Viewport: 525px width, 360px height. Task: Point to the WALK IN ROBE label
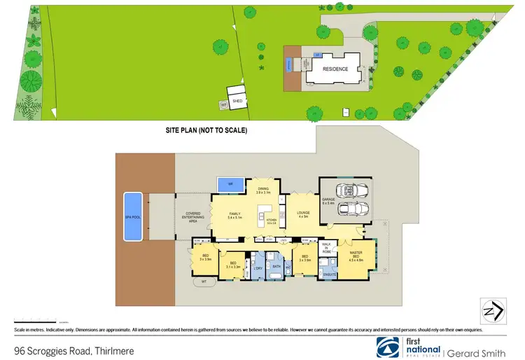coord(325,248)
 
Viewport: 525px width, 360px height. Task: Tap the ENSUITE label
coord(329,275)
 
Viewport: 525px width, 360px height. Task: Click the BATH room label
coord(276,266)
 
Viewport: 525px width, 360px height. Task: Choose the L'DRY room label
coord(258,268)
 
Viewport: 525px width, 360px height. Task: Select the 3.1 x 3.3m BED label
coord(232,265)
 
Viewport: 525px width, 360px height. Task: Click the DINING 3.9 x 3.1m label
coord(263,190)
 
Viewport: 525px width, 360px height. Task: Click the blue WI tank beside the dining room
coord(230,186)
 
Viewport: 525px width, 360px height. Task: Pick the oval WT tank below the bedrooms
coord(204,282)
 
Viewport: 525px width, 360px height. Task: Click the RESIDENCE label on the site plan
coord(335,70)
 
